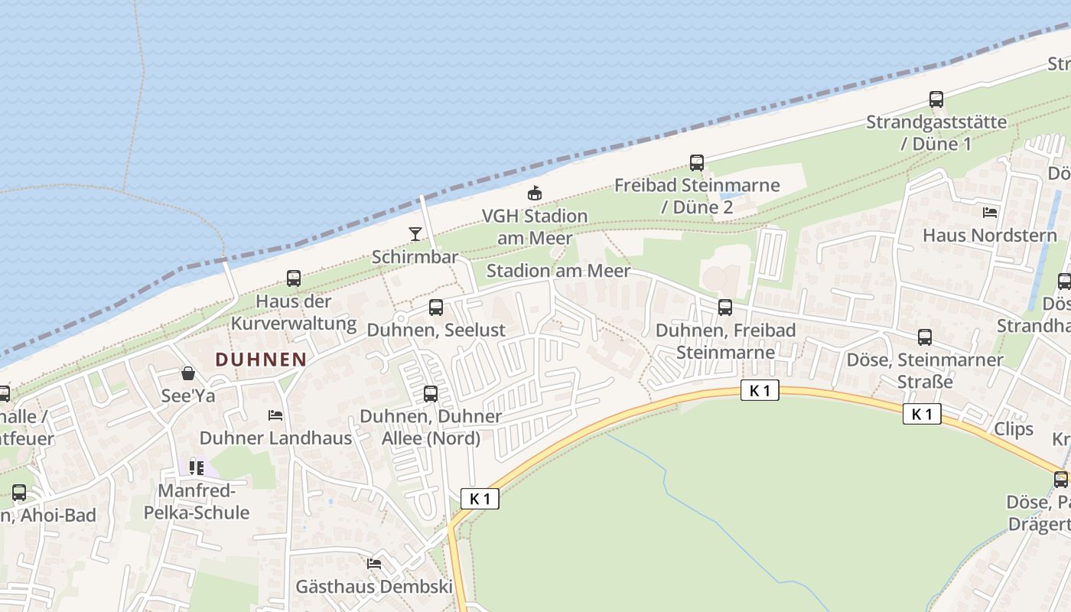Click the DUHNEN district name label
[x=261, y=359]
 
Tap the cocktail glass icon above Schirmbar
[x=415, y=233]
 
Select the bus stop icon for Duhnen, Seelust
[x=436, y=308]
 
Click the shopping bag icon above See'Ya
[x=188, y=373]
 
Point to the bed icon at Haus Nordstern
[x=990, y=212]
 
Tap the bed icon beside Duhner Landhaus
[x=275, y=415]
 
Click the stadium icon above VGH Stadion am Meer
[x=535, y=193]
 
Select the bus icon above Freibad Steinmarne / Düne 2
[x=696, y=162]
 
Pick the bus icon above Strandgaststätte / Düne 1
[x=936, y=99]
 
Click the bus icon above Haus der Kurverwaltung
[x=294, y=278]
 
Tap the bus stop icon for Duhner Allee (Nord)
[x=431, y=394]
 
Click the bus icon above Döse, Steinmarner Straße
[x=925, y=337]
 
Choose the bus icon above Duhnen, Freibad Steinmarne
[x=725, y=308]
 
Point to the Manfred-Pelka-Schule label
[x=197, y=501]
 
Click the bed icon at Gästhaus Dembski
[x=374, y=564]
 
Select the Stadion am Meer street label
[x=558, y=271]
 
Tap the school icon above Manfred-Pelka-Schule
[x=197, y=467]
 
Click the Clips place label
[x=1014, y=428]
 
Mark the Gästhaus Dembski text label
[x=374, y=587]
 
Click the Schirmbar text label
[x=415, y=256]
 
